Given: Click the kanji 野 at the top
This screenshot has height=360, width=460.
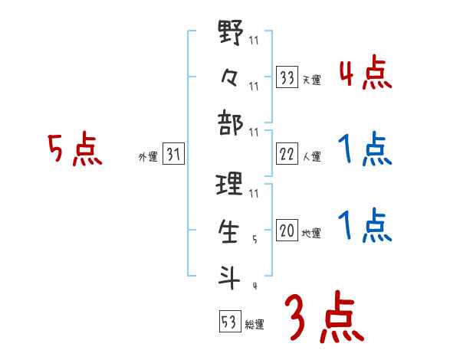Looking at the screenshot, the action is point(230,34).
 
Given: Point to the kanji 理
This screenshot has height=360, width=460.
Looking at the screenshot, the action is point(230,183).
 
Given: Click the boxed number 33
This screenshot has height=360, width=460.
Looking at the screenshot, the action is point(287,77).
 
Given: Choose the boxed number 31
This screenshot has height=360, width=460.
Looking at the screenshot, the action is point(173,155).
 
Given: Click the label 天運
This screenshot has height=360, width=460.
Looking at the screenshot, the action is point(312,80).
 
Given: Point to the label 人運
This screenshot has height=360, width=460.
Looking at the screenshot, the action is point(312,157).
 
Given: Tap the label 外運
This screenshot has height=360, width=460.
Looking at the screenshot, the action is point(147,157).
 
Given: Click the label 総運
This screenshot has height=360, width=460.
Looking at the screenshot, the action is point(255,324).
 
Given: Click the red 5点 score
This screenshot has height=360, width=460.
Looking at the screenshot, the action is point(75,149).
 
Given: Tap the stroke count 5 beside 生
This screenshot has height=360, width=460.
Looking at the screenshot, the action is point(255,240).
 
